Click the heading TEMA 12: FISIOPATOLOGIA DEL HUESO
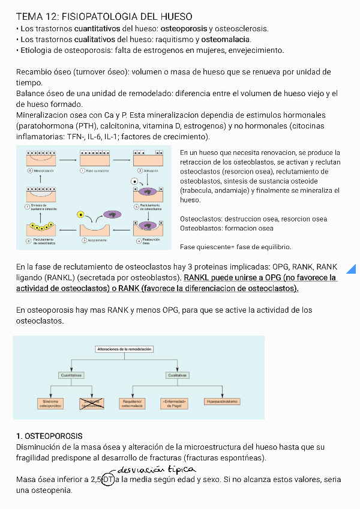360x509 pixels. click(x=104, y=16)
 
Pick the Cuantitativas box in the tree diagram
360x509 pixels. click(x=71, y=375)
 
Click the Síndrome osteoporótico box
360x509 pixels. click(x=51, y=404)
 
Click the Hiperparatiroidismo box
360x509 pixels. click(x=221, y=401)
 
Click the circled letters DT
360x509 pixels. click(x=109, y=480)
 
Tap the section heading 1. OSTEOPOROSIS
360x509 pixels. click(x=49, y=436)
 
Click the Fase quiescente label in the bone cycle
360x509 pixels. click(x=96, y=171)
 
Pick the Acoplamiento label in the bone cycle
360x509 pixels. click(x=96, y=240)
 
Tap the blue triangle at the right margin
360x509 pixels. click(x=352, y=268)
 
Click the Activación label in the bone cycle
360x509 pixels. click(x=150, y=171)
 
